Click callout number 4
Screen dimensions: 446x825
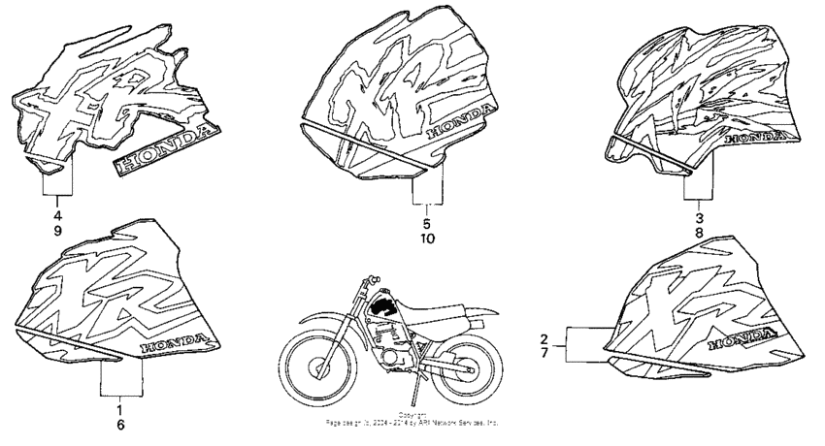coord(57,214)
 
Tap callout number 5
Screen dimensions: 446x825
coord(428,222)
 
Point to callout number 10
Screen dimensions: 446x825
coord(428,239)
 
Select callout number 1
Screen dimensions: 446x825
coord(122,407)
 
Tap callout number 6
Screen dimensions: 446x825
coord(122,425)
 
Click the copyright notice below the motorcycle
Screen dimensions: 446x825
coord(412,419)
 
